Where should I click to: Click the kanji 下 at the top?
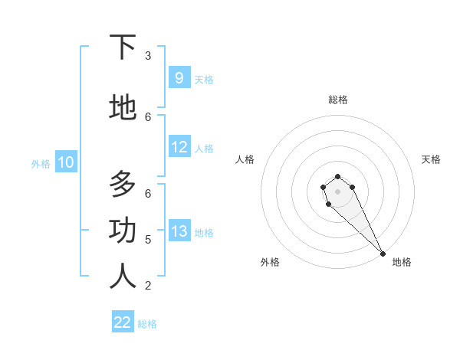(x=123, y=47)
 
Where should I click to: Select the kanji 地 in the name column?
(x=123, y=108)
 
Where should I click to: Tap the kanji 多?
(x=123, y=185)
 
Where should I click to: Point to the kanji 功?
(x=123, y=231)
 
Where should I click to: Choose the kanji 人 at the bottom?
(x=123, y=277)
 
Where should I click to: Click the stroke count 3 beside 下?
(x=148, y=55)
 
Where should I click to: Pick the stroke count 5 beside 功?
(x=148, y=239)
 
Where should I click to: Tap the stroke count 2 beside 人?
(x=148, y=286)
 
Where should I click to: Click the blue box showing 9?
(x=179, y=77)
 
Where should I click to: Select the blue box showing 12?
(x=179, y=147)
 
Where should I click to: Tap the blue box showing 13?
(x=179, y=231)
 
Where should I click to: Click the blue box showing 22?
(x=123, y=322)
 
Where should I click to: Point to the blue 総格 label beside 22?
(x=147, y=324)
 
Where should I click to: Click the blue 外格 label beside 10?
(x=41, y=163)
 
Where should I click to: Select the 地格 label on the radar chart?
(x=402, y=262)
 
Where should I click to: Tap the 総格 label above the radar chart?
(x=338, y=100)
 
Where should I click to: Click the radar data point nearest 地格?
(x=383, y=254)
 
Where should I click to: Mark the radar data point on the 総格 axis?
(x=338, y=176)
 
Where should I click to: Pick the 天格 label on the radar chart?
(x=431, y=159)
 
